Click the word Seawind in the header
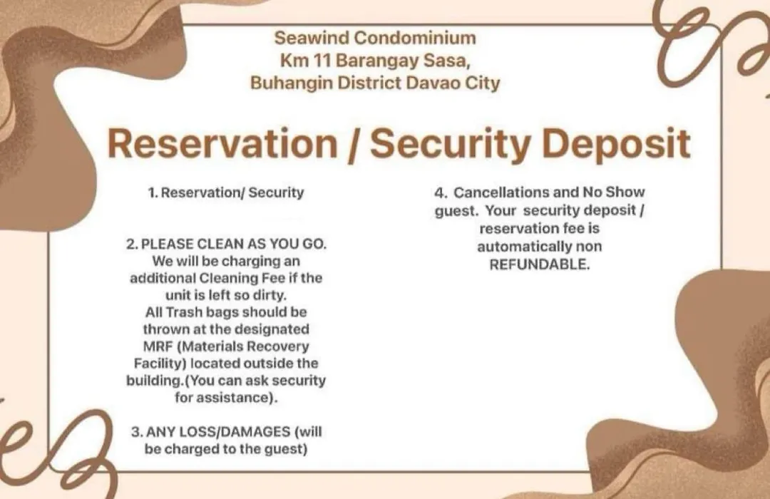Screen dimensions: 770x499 312,38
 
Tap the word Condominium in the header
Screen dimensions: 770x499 415,38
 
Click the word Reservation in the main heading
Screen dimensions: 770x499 222,143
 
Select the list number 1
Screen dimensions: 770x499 153,192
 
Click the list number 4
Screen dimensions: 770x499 440,192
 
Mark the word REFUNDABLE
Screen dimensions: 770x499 539,264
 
